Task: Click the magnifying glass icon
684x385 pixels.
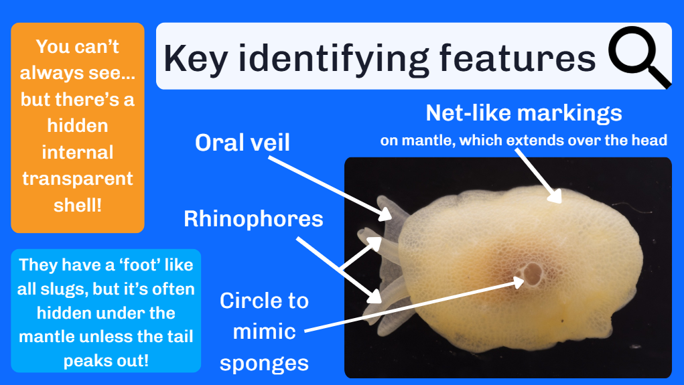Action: [x=636, y=58]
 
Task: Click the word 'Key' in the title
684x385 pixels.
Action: [x=194, y=59]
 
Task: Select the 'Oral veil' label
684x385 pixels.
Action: [x=242, y=142]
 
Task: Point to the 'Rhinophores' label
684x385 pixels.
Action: [x=253, y=218]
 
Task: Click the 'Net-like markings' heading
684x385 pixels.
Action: [x=524, y=113]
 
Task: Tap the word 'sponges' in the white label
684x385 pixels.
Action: [x=264, y=362]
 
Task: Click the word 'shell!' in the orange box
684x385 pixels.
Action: [x=78, y=205]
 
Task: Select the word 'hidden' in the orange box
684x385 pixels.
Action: [x=77, y=125]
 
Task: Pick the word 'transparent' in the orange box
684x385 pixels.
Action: [x=78, y=179]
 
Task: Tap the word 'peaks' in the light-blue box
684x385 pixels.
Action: [x=87, y=360]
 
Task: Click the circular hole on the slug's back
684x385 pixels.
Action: [x=532, y=273]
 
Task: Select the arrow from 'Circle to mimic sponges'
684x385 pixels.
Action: [x=415, y=305]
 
